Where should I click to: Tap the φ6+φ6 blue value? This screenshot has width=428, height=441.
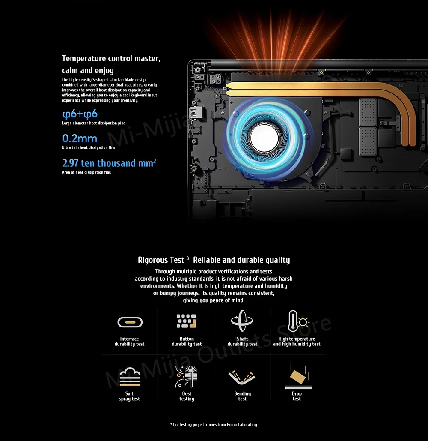[80, 114]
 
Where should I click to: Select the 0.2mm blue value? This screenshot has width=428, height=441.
[80, 138]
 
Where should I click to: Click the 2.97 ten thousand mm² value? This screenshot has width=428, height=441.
[109, 163]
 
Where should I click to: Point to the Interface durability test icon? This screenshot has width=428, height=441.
[130, 322]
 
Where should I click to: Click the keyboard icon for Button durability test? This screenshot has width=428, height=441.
[186, 321]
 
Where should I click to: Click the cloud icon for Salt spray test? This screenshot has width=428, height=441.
[130, 376]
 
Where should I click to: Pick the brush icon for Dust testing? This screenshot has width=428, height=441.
[186, 376]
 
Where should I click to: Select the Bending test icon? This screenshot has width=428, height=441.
[242, 377]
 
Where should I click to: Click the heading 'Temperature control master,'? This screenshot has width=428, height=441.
[111, 58]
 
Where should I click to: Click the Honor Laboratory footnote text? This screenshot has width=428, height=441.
[214, 425]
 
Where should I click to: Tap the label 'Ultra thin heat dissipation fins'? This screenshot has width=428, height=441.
[89, 148]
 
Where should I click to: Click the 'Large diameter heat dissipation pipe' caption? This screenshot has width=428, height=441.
[93, 123]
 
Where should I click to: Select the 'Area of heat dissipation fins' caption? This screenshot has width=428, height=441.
[86, 172]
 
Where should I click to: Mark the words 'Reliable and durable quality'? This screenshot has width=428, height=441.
[241, 260]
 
